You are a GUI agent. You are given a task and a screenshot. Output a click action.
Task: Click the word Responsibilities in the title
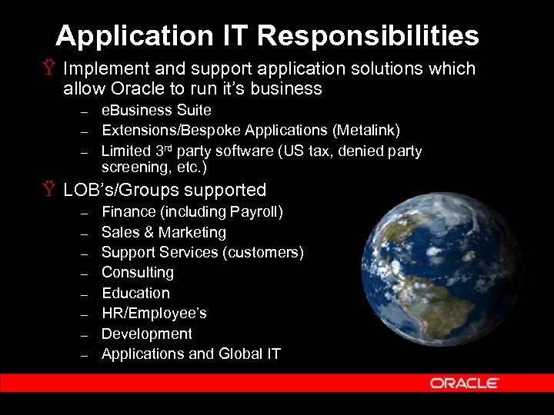pyautogui.click(x=368, y=35)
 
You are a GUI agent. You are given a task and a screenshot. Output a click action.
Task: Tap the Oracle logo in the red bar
pyautogui.click(x=464, y=383)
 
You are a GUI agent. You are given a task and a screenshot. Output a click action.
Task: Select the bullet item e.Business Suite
pyautogui.click(x=155, y=111)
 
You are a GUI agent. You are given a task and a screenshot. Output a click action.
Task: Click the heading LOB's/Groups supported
pyautogui.click(x=165, y=190)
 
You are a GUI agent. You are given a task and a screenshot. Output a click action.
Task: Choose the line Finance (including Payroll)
pyautogui.click(x=192, y=211)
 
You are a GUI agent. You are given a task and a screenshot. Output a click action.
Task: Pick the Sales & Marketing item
pyautogui.click(x=163, y=232)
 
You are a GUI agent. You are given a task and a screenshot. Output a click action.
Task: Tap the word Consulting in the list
pyautogui.click(x=138, y=273)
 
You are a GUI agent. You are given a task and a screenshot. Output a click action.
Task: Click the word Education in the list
pyautogui.click(x=135, y=293)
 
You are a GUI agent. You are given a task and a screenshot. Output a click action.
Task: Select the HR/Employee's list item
pyautogui.click(x=154, y=314)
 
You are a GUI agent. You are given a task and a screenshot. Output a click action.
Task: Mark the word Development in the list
pyautogui.click(x=147, y=334)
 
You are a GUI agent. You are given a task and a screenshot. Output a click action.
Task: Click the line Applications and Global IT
pyautogui.click(x=191, y=354)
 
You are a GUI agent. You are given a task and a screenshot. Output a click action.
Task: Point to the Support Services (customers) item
pyautogui.click(x=202, y=252)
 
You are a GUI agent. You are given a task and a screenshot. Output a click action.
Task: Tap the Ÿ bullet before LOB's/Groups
pyautogui.click(x=51, y=190)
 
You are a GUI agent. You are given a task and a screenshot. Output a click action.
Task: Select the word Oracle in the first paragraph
pyautogui.click(x=137, y=88)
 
